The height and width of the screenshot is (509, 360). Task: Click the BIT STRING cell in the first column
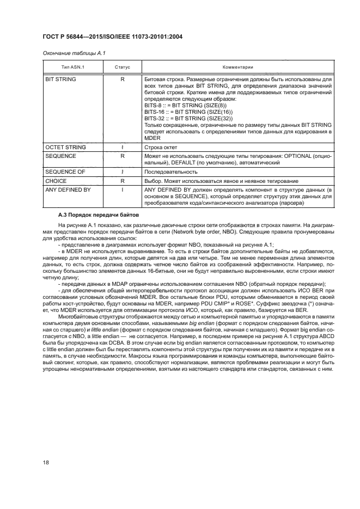(60, 79)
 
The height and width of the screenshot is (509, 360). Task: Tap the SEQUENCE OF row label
(64, 171)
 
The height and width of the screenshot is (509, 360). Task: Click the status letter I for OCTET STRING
(123, 147)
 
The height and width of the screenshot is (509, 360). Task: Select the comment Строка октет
(161, 147)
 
